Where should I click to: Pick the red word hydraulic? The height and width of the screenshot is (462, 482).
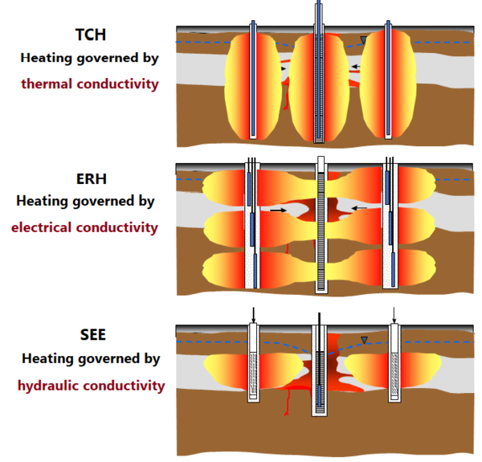[49, 386]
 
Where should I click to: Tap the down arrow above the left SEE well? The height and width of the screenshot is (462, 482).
[253, 315]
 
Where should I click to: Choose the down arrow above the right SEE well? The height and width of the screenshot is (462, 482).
[394, 314]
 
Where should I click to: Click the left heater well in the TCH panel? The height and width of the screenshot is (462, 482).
[254, 80]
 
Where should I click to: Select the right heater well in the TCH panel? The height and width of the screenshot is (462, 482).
[388, 80]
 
